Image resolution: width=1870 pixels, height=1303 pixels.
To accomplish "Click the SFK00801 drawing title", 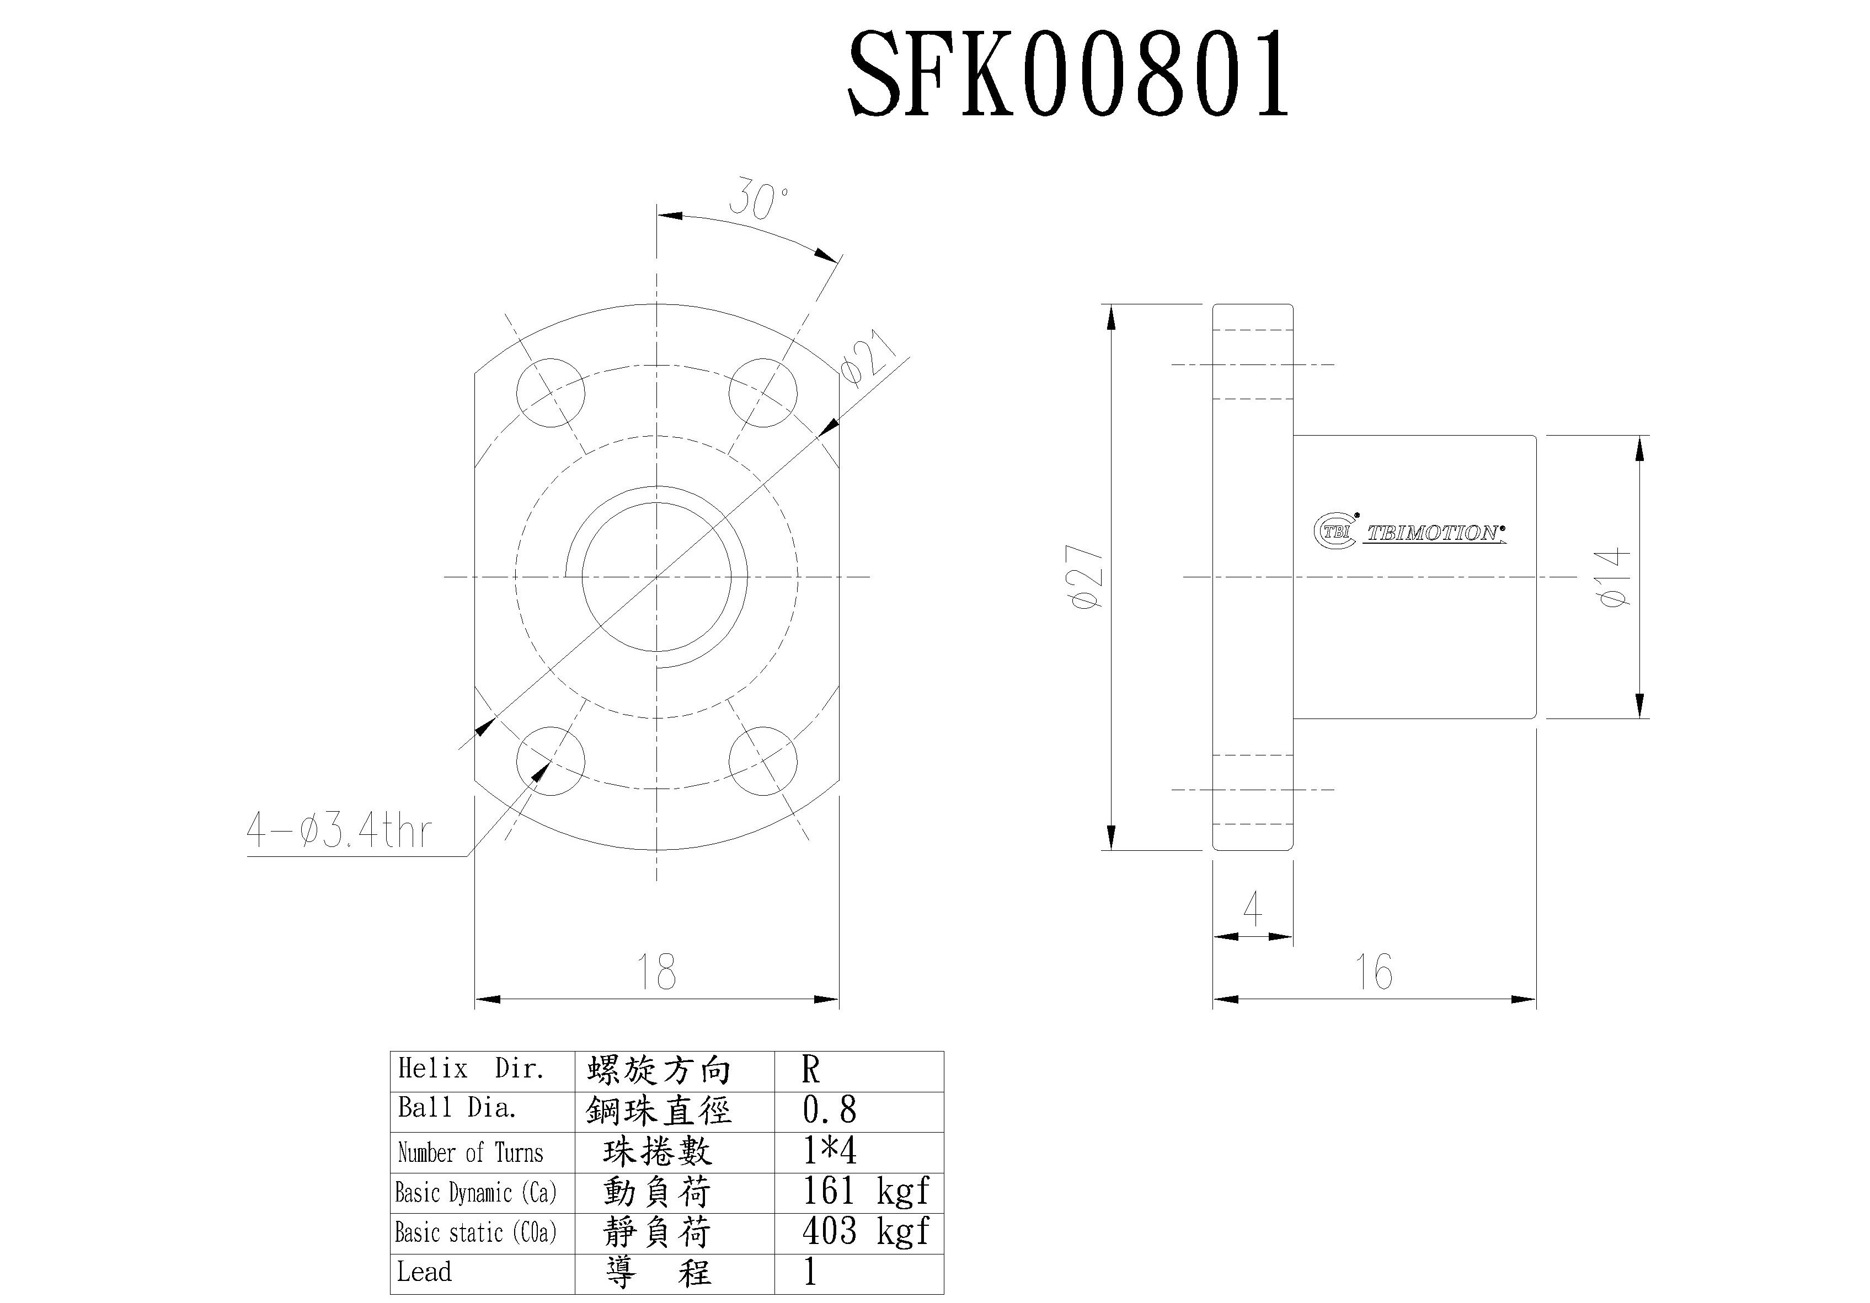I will (1068, 76).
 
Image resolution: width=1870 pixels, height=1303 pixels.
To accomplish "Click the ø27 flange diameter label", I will (1088, 577).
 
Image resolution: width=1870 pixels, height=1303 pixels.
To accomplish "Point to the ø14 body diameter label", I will (1614, 577).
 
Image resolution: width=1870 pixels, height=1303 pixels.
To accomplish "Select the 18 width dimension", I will (656, 972).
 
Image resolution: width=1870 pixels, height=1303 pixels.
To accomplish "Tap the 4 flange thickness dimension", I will (1253, 909).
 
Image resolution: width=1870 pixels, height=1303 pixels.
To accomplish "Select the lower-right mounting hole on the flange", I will (762, 762).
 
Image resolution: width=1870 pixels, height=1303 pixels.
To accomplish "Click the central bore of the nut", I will (656, 577).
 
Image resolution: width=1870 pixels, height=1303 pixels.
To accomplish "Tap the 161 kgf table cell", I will (865, 1192).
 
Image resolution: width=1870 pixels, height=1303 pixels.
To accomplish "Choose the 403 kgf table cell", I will (865, 1231).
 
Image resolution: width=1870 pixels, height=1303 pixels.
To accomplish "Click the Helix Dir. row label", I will (471, 1069).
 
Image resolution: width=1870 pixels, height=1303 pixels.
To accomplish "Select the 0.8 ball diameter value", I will (829, 1110).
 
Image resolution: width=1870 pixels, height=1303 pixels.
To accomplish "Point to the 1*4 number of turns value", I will (829, 1151).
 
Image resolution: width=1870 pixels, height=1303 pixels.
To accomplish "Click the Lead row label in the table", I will (424, 1271).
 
